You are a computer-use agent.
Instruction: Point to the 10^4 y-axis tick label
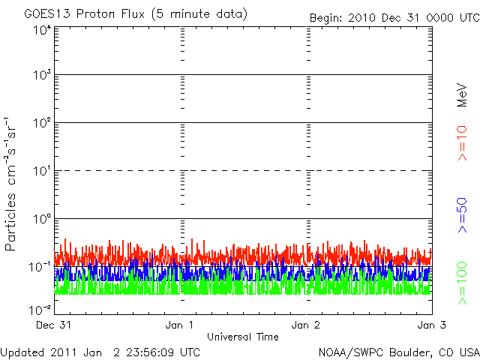41,30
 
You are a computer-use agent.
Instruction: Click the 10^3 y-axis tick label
41,75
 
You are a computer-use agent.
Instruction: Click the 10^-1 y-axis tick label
40,266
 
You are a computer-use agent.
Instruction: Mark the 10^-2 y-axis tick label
40,309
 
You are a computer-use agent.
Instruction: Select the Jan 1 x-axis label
181,325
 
